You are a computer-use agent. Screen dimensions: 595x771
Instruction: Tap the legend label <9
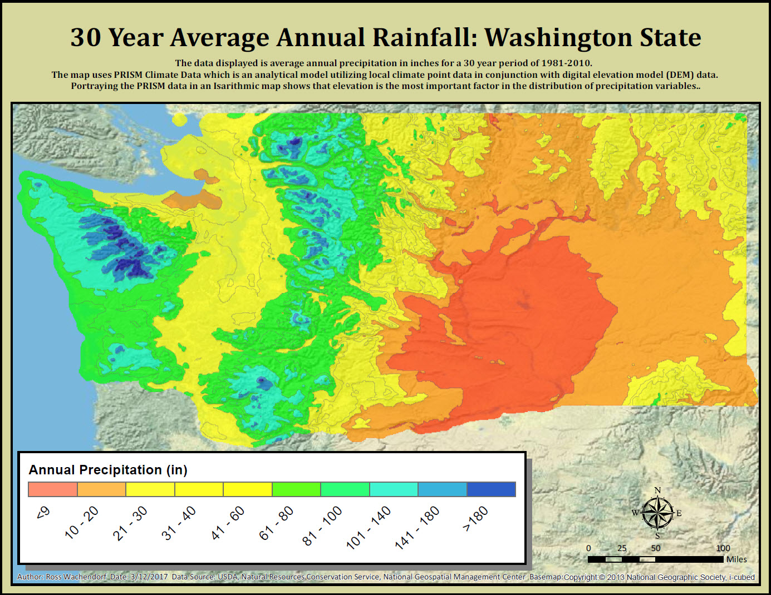pos(43,512)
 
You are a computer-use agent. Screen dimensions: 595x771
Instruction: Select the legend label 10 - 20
pos(81,523)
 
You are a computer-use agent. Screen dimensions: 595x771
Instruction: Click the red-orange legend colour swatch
pos(53,489)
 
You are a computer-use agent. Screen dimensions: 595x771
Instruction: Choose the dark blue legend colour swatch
pos(491,489)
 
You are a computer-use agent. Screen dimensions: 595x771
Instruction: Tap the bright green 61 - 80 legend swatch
pos(296,489)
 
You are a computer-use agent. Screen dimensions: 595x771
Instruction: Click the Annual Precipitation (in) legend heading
pos(108,470)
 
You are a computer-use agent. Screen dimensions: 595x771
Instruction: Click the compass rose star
pos(657,513)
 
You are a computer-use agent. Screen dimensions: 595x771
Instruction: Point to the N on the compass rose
pos(657,490)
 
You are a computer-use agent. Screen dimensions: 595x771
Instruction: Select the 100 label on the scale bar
pos(723,548)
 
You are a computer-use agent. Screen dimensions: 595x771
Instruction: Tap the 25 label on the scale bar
pos(622,548)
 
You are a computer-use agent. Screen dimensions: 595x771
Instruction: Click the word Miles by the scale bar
pos(736,559)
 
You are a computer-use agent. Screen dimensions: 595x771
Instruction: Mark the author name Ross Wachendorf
pos(76,577)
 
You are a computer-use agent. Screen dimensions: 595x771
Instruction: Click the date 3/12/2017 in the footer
pos(149,577)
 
